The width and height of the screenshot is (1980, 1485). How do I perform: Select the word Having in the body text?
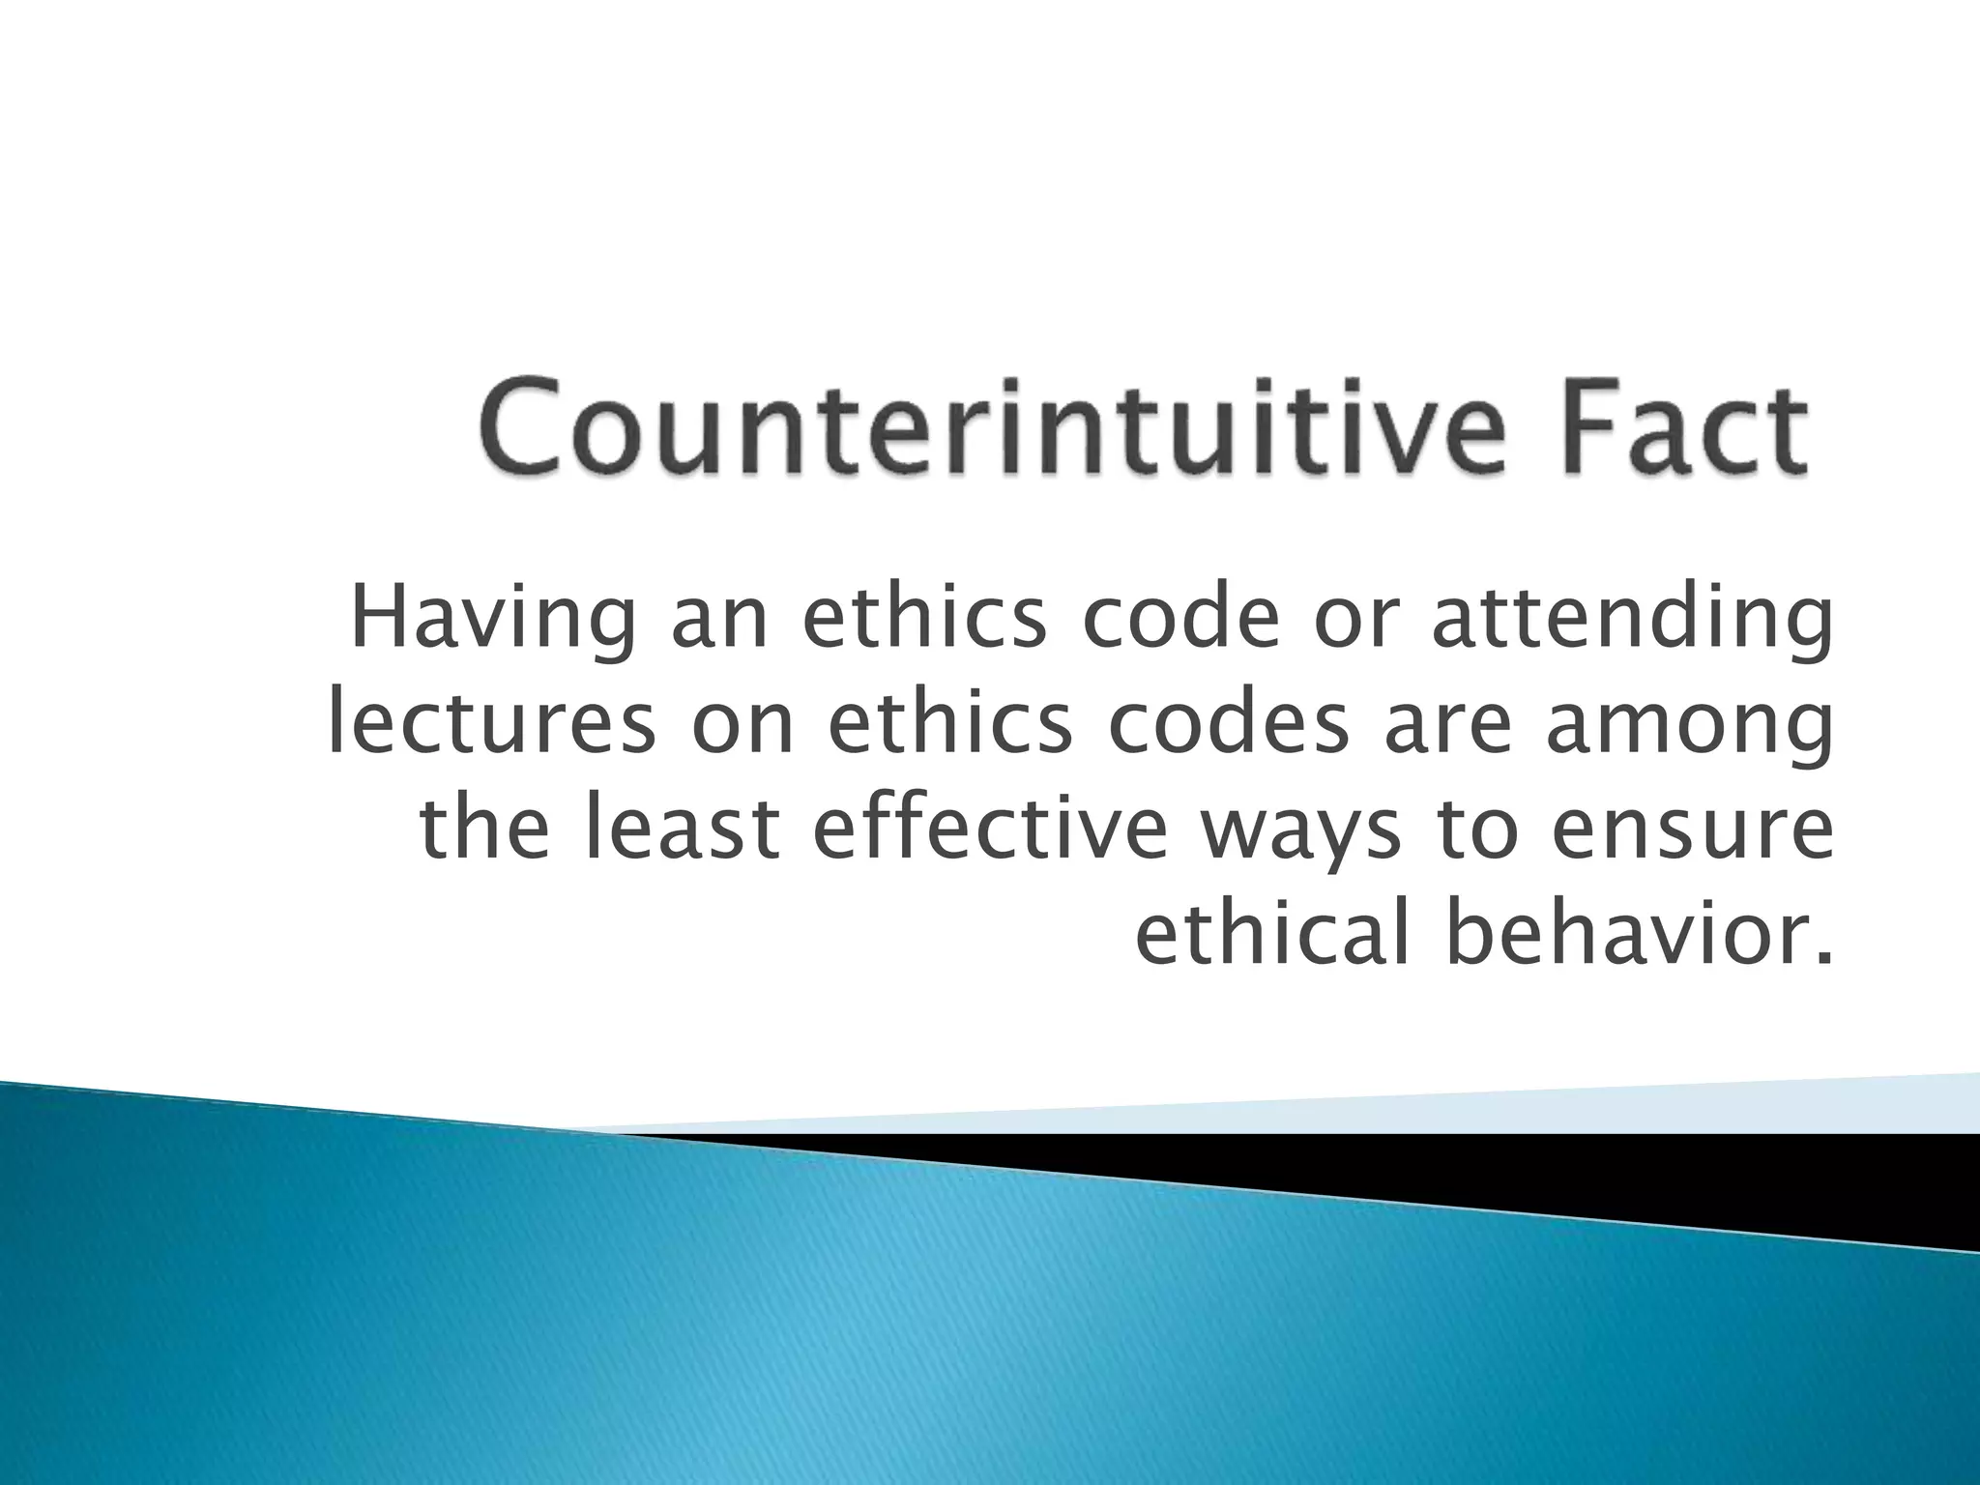493,621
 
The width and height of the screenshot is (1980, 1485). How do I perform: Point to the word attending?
1631,621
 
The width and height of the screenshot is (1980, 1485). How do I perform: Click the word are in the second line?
1450,727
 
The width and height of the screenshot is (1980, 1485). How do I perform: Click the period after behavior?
1824,956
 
